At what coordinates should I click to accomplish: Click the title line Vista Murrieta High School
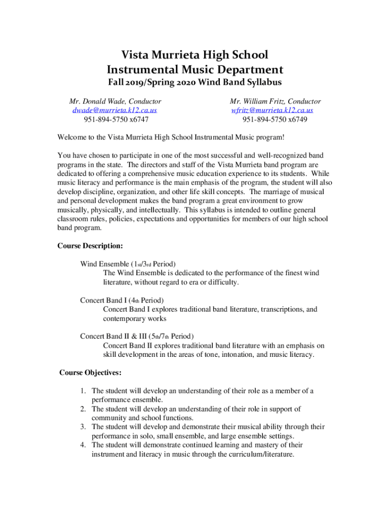195,55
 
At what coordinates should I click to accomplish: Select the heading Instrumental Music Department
195,69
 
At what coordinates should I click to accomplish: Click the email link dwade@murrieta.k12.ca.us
114,110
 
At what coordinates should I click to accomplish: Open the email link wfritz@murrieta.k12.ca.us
272,110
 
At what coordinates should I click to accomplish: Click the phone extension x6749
295,119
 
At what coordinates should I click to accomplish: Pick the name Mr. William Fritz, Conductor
275,101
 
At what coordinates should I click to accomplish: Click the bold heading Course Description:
90,246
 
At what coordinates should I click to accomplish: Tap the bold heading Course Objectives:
90,373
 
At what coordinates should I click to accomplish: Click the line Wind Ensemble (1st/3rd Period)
128,264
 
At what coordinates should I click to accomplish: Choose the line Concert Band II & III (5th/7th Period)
137,336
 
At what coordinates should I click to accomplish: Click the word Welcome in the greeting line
72,137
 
